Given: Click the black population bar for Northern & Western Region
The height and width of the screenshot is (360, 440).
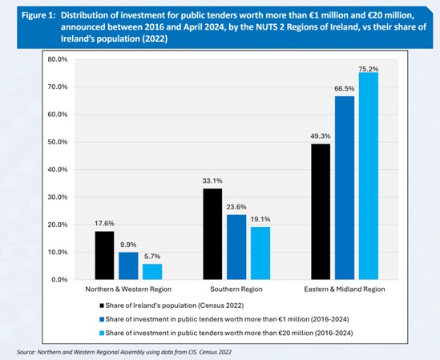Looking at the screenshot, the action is tap(105, 255).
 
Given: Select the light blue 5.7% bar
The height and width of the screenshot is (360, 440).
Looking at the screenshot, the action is tap(152, 272).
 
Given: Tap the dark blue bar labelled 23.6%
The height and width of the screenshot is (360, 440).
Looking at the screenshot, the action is tap(236, 247).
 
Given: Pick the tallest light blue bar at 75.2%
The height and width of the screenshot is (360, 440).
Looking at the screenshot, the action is tap(369, 176).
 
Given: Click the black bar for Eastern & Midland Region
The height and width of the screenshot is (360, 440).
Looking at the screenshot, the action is tap(321, 212).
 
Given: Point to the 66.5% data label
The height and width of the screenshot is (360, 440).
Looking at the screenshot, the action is tap(345, 89).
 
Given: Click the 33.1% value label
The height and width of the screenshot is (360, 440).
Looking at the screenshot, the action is tap(212, 181).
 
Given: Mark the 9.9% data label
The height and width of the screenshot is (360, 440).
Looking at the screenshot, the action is tap(128, 245).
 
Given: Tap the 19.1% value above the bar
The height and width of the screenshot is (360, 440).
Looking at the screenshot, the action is tap(260, 220).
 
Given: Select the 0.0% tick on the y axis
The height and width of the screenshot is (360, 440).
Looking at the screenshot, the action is tap(59, 280).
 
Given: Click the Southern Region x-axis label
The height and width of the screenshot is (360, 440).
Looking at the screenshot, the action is tap(236, 289).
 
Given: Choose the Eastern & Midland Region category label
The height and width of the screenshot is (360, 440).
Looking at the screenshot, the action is tap(345, 289).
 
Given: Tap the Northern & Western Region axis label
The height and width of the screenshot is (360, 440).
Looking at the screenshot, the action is tap(128, 289).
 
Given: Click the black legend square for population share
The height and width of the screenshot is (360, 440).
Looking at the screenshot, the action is tap(102, 305).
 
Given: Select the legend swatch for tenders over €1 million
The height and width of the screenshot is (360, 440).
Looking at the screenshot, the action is tap(102, 319).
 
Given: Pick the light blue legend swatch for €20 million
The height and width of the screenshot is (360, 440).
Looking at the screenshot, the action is tap(102, 333).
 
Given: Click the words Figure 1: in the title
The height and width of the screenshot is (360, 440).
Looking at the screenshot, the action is tap(38, 15).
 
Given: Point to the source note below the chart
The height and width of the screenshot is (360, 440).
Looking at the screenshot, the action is tap(124, 352).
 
